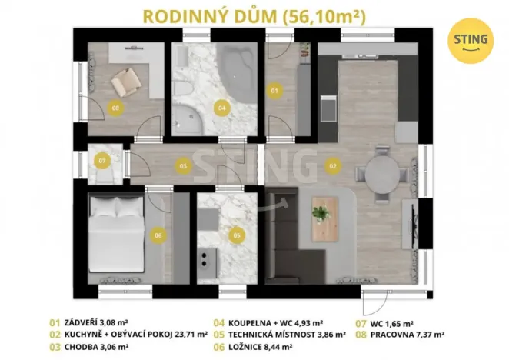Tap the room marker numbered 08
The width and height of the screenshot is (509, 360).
click(115, 108)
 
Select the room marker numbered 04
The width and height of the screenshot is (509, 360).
click(221, 108)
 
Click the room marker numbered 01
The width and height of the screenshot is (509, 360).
click(274, 91)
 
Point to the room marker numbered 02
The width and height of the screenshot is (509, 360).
click(332, 165)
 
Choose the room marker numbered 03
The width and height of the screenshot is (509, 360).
click(183, 165)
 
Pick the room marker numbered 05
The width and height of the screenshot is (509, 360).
click(236, 235)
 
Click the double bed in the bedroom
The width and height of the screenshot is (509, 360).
click(116, 235)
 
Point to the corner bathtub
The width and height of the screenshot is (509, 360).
click(231, 70)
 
